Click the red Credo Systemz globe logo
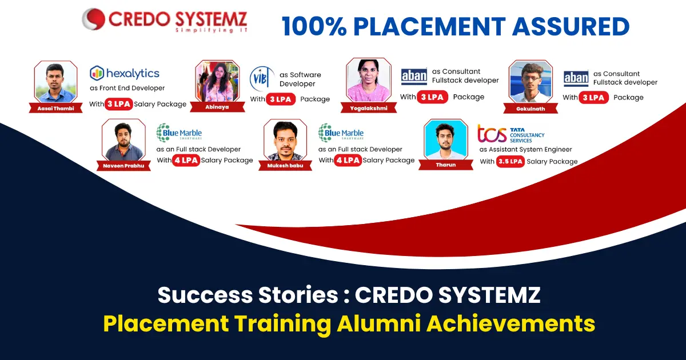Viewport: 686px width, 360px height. tap(93, 19)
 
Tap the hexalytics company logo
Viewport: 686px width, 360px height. tap(125, 74)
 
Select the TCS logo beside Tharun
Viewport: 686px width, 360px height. tap(511, 134)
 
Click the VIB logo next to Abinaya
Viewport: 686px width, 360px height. tap(261, 79)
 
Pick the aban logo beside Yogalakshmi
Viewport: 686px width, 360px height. tap(414, 76)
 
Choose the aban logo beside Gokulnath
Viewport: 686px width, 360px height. tap(576, 78)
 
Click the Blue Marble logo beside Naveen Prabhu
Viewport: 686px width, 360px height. tap(179, 133)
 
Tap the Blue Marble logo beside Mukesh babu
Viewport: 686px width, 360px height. tap(341, 133)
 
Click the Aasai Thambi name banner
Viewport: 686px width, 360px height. tap(56, 108)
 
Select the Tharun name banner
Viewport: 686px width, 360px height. tap(445, 165)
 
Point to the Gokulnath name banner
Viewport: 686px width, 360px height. tap(531, 109)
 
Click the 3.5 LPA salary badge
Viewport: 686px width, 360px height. tap(510, 161)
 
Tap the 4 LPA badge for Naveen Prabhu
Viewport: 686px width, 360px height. tap(186, 160)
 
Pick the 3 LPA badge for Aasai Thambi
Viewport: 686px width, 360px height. tap(119, 104)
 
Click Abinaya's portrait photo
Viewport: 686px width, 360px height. tap(217, 81)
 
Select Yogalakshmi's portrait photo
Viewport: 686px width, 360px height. tap(369, 80)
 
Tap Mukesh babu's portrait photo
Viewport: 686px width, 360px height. tap(285, 140)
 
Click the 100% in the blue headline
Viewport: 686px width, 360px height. tap(314, 27)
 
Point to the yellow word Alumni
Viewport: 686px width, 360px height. tap(379, 323)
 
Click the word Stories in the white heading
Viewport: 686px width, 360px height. tap(298, 294)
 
